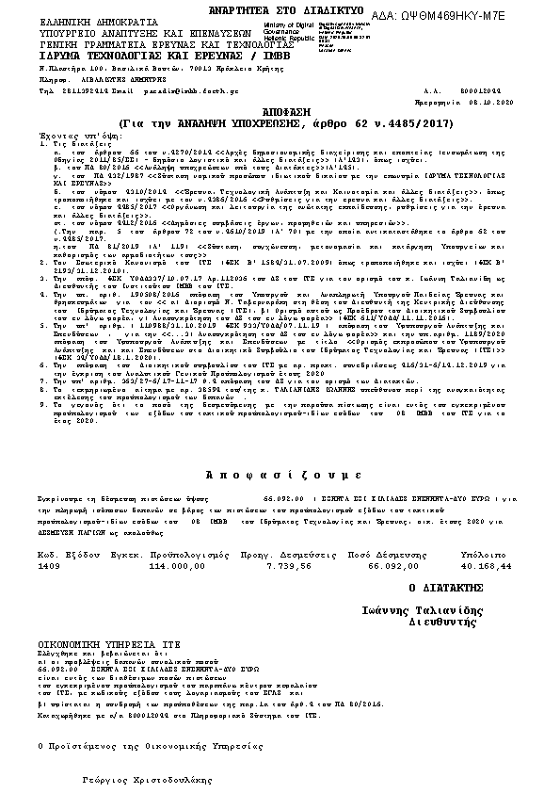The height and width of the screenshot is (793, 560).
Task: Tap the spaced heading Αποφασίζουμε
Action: pyautogui.click(x=278, y=473)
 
